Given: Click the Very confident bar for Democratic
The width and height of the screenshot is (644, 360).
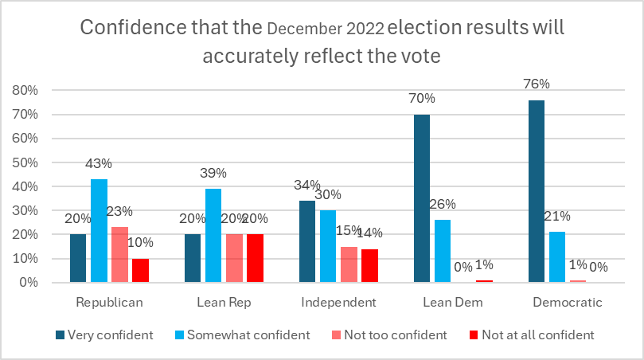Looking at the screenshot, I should [x=537, y=191].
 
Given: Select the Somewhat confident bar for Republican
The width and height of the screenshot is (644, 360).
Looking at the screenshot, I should [x=100, y=230].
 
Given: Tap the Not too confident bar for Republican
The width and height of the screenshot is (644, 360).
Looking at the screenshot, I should [x=120, y=254].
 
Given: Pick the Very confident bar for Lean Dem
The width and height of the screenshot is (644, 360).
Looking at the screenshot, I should [x=422, y=198].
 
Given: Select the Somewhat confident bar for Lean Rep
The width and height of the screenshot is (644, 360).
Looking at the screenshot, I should [x=213, y=235].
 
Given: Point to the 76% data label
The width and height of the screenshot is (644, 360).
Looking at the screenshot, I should [x=537, y=84].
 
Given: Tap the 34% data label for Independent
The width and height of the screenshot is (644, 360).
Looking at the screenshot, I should [x=306, y=185].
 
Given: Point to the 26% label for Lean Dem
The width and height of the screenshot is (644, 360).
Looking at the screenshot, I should [x=443, y=204].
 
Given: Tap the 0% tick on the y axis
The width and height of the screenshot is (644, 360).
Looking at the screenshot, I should [x=29, y=283].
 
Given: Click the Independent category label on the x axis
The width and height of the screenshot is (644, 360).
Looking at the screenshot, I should [x=338, y=303].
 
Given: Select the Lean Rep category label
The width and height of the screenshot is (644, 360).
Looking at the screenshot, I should [x=224, y=303].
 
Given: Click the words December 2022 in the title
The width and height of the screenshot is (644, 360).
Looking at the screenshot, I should [x=326, y=30].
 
